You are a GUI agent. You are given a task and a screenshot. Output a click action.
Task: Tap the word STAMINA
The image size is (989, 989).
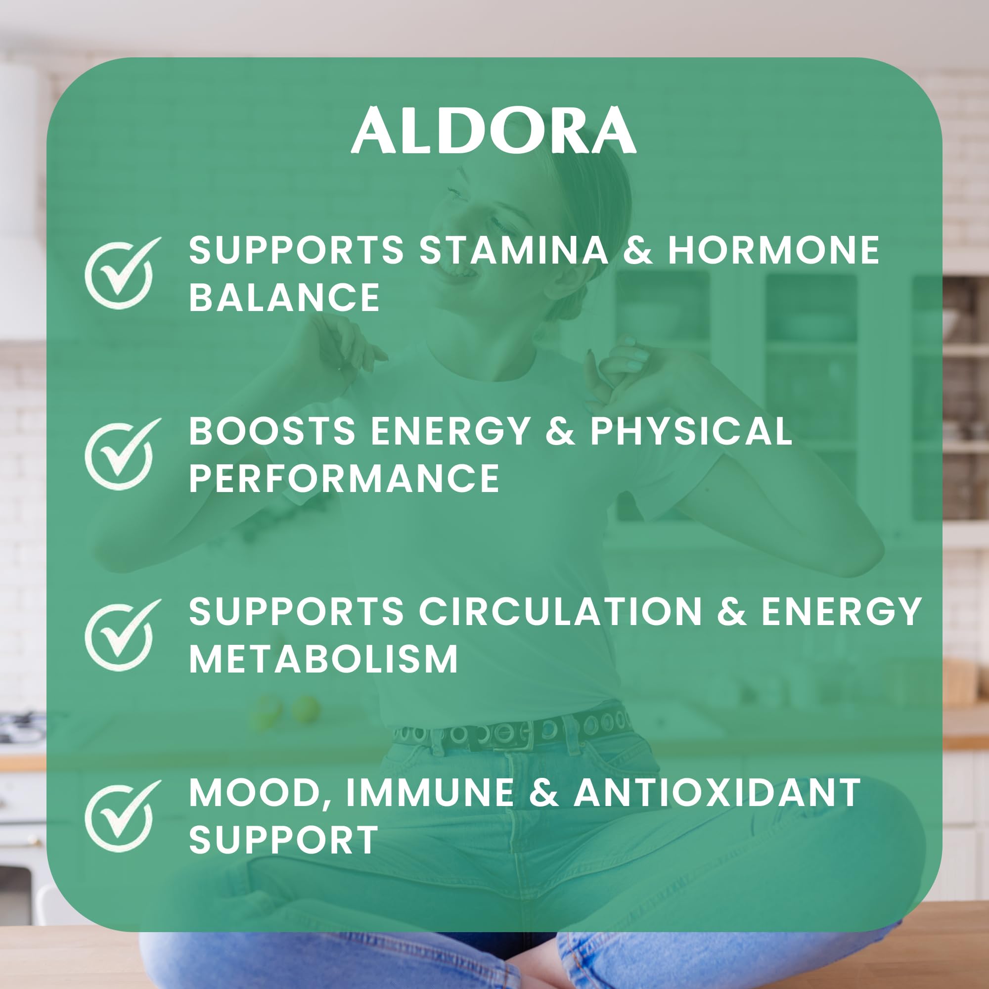[514, 251]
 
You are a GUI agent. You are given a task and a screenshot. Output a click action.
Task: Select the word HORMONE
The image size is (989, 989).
[773, 251]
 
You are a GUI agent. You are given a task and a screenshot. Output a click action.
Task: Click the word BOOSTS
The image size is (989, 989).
[272, 431]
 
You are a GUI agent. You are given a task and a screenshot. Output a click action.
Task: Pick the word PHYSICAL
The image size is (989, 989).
[691, 431]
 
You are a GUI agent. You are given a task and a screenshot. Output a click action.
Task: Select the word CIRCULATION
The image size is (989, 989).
[560, 611]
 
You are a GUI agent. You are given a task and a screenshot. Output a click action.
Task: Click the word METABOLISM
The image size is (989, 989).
[323, 659]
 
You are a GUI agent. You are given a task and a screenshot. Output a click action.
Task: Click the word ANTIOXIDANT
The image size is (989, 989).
[717, 792]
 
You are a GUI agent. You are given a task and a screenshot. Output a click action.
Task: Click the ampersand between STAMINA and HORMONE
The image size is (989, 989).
[638, 251]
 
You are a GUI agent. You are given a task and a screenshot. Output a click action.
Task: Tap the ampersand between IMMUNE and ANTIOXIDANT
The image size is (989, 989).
[543, 792]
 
